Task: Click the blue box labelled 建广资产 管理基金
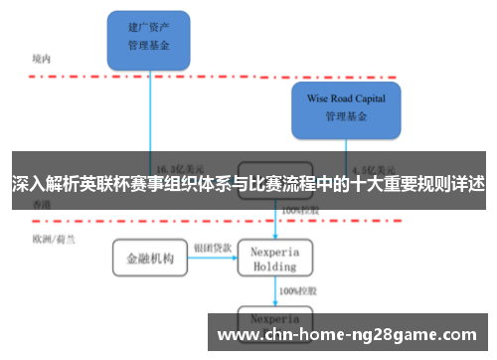pos(149,38)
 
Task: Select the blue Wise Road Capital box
pos(346,109)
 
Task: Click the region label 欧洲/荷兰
pos(50,239)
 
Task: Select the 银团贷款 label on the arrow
pos(212,247)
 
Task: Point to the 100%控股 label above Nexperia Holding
pos(297,211)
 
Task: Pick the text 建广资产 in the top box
pos(149,28)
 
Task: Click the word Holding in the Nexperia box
pos(275,267)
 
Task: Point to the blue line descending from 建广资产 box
pos(150,109)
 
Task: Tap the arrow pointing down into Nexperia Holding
pos(275,227)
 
